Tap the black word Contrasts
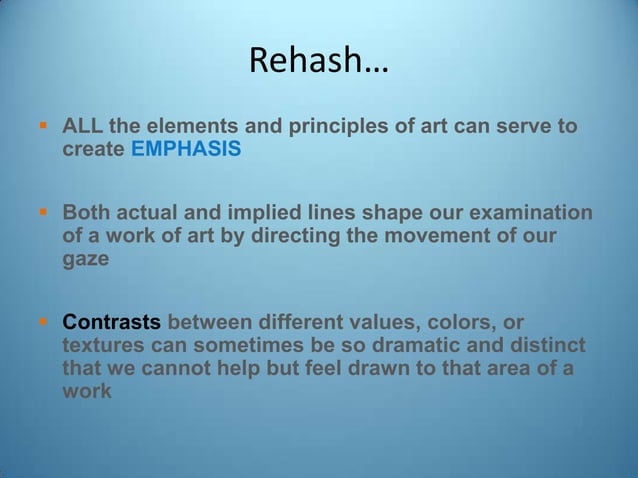pos(111,323)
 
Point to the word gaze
pos(84,259)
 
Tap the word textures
pos(102,346)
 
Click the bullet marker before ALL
pos(43,127)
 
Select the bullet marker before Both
pos(43,213)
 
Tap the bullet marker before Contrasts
pos(43,323)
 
